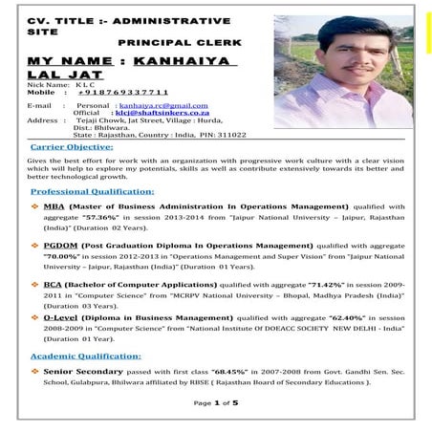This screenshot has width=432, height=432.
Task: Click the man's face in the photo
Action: click(x=330, y=48)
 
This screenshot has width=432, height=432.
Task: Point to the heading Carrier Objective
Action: click(x=75, y=149)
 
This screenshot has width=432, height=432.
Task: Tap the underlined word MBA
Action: click(x=54, y=205)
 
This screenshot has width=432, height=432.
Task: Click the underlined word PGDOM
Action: click(x=61, y=246)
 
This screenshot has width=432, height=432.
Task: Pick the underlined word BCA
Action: click(x=54, y=285)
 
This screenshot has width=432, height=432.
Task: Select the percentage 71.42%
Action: click(x=327, y=285)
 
